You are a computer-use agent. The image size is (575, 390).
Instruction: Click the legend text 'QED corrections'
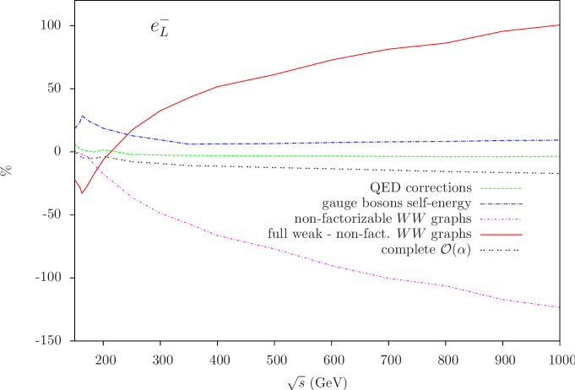tap(420, 187)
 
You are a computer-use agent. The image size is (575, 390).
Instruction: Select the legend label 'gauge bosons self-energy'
tap(397, 203)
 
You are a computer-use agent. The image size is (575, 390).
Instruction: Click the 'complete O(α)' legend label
tap(426, 250)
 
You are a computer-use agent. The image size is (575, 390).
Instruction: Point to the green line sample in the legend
tap(501, 187)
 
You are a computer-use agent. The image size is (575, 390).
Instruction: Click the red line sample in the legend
tap(501, 234)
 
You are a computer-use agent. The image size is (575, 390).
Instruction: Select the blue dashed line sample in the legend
tap(501, 203)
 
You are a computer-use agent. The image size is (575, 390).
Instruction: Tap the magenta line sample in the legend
tap(501, 219)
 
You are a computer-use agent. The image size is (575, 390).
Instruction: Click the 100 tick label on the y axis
tap(51, 25)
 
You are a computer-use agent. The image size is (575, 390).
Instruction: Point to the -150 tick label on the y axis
tap(48, 340)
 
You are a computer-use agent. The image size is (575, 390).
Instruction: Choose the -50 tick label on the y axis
tap(51, 214)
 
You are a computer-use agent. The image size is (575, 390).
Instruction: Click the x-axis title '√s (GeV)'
tap(316, 381)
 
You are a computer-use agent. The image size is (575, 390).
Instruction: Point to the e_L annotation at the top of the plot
tap(160, 30)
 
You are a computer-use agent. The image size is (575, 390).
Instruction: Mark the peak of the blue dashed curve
tap(82, 116)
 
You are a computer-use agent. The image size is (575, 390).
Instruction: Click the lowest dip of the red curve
tap(82, 193)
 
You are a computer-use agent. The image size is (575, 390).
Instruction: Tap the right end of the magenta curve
tap(559, 307)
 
